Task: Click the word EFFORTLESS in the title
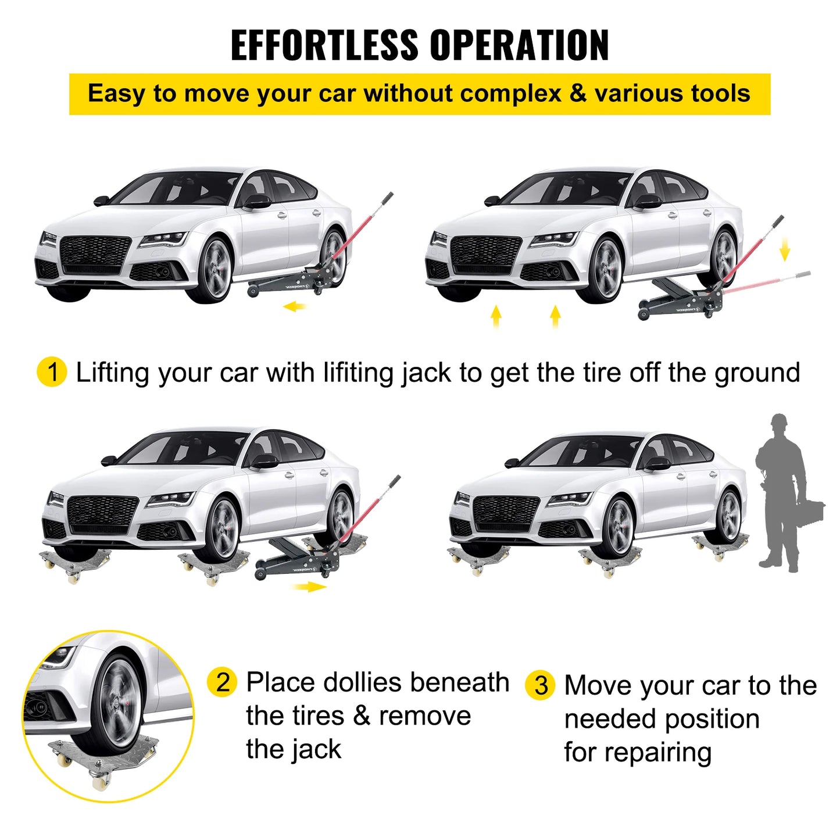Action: (324, 45)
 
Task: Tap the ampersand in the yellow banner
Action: (578, 94)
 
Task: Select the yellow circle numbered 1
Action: (52, 372)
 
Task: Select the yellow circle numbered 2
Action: (222, 682)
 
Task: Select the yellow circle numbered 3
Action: (540, 685)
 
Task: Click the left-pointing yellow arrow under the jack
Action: (295, 306)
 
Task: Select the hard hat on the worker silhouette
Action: (779, 420)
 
